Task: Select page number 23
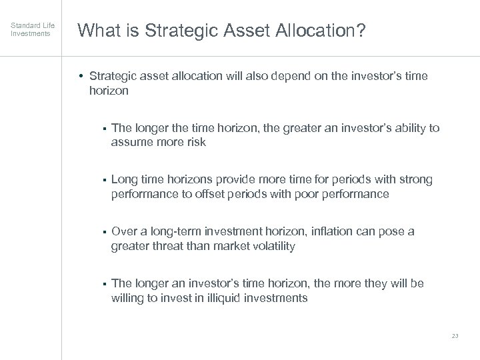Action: tap(455, 335)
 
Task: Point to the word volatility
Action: tap(271, 246)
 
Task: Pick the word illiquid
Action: tap(215, 298)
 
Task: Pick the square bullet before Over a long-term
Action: tap(105, 231)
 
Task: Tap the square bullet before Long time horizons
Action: tap(105, 179)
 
